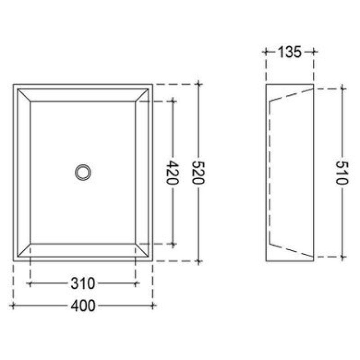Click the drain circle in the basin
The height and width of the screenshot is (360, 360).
coord(83,172)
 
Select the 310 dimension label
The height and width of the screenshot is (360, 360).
coord(83,283)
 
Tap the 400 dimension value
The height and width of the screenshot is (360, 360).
coord(83,306)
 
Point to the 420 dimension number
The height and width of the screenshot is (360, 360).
coord(172,173)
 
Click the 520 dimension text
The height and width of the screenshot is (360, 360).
coord(198,173)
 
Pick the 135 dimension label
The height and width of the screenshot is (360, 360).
coord(289,52)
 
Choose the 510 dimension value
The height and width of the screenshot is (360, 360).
coord(342,173)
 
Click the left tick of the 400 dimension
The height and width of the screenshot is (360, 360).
coord(13,306)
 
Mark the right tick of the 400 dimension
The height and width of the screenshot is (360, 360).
coord(153,306)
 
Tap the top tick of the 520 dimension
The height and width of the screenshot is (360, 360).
coord(198,84)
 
